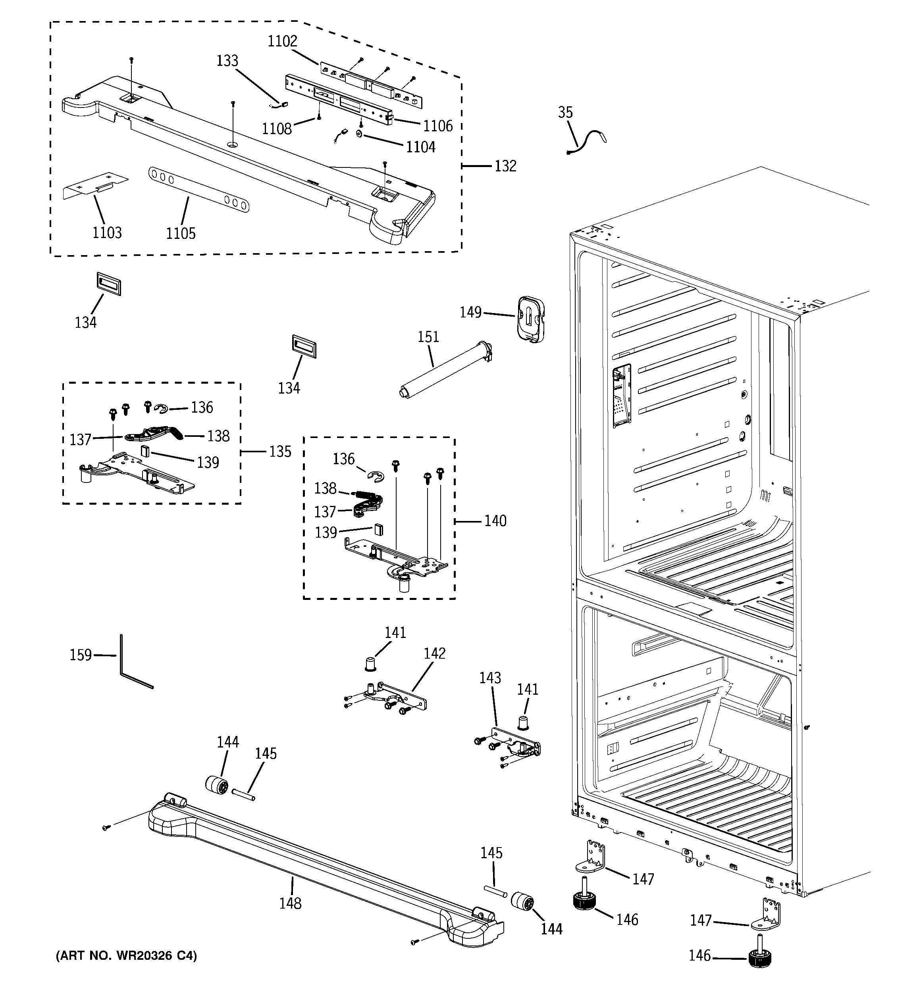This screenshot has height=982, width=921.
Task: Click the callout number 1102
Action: [282, 42]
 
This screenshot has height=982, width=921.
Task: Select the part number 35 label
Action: [565, 113]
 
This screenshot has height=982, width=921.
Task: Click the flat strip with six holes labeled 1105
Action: [198, 190]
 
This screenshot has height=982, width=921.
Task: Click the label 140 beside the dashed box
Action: [495, 521]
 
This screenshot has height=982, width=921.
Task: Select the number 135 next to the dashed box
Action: [280, 452]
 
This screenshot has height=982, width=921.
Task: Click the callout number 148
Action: [290, 903]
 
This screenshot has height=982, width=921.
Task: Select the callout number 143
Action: [490, 678]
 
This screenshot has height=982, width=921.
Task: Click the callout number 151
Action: [428, 337]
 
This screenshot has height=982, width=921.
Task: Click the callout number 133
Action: [227, 61]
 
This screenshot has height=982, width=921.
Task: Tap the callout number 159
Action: [81, 655]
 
